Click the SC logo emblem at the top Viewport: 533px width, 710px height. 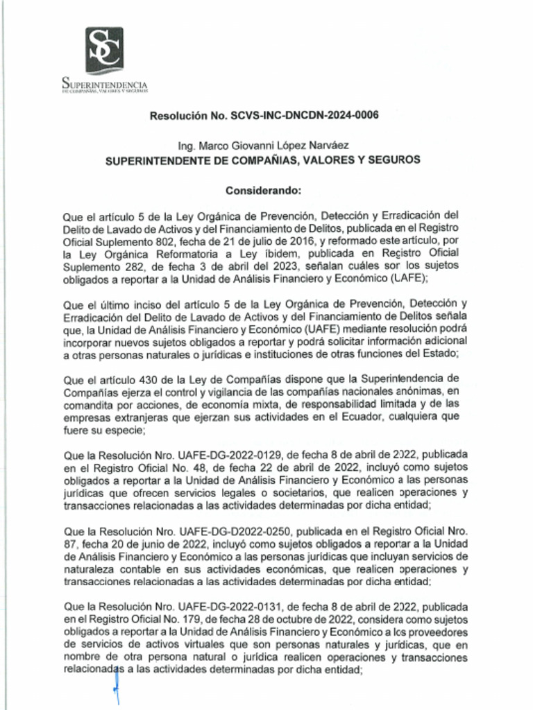(104, 50)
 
